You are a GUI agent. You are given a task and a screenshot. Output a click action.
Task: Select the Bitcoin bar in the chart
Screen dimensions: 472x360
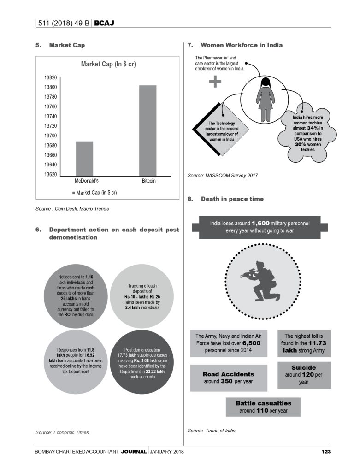pyautogui.click(x=148, y=130)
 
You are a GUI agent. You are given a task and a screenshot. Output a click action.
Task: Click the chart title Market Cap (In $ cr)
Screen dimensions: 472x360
pyautogui.click(x=108, y=64)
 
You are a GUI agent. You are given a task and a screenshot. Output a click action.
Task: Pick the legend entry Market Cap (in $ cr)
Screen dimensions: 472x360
pyautogui.click(x=94, y=192)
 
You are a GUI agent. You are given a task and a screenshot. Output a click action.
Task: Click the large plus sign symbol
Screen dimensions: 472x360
pyautogui.click(x=215, y=82)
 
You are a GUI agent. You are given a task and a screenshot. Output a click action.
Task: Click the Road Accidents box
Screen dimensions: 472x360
pyautogui.click(x=222, y=378)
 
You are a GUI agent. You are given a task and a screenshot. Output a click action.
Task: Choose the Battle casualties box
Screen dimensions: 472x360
pyautogui.click(x=263, y=407)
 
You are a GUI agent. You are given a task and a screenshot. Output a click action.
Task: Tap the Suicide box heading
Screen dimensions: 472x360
pyautogui.click(x=304, y=368)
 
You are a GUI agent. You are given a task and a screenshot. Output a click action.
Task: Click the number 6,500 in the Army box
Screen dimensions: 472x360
pyautogui.click(x=252, y=343)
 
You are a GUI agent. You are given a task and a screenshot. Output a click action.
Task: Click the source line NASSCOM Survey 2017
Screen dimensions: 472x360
pyautogui.click(x=223, y=176)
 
